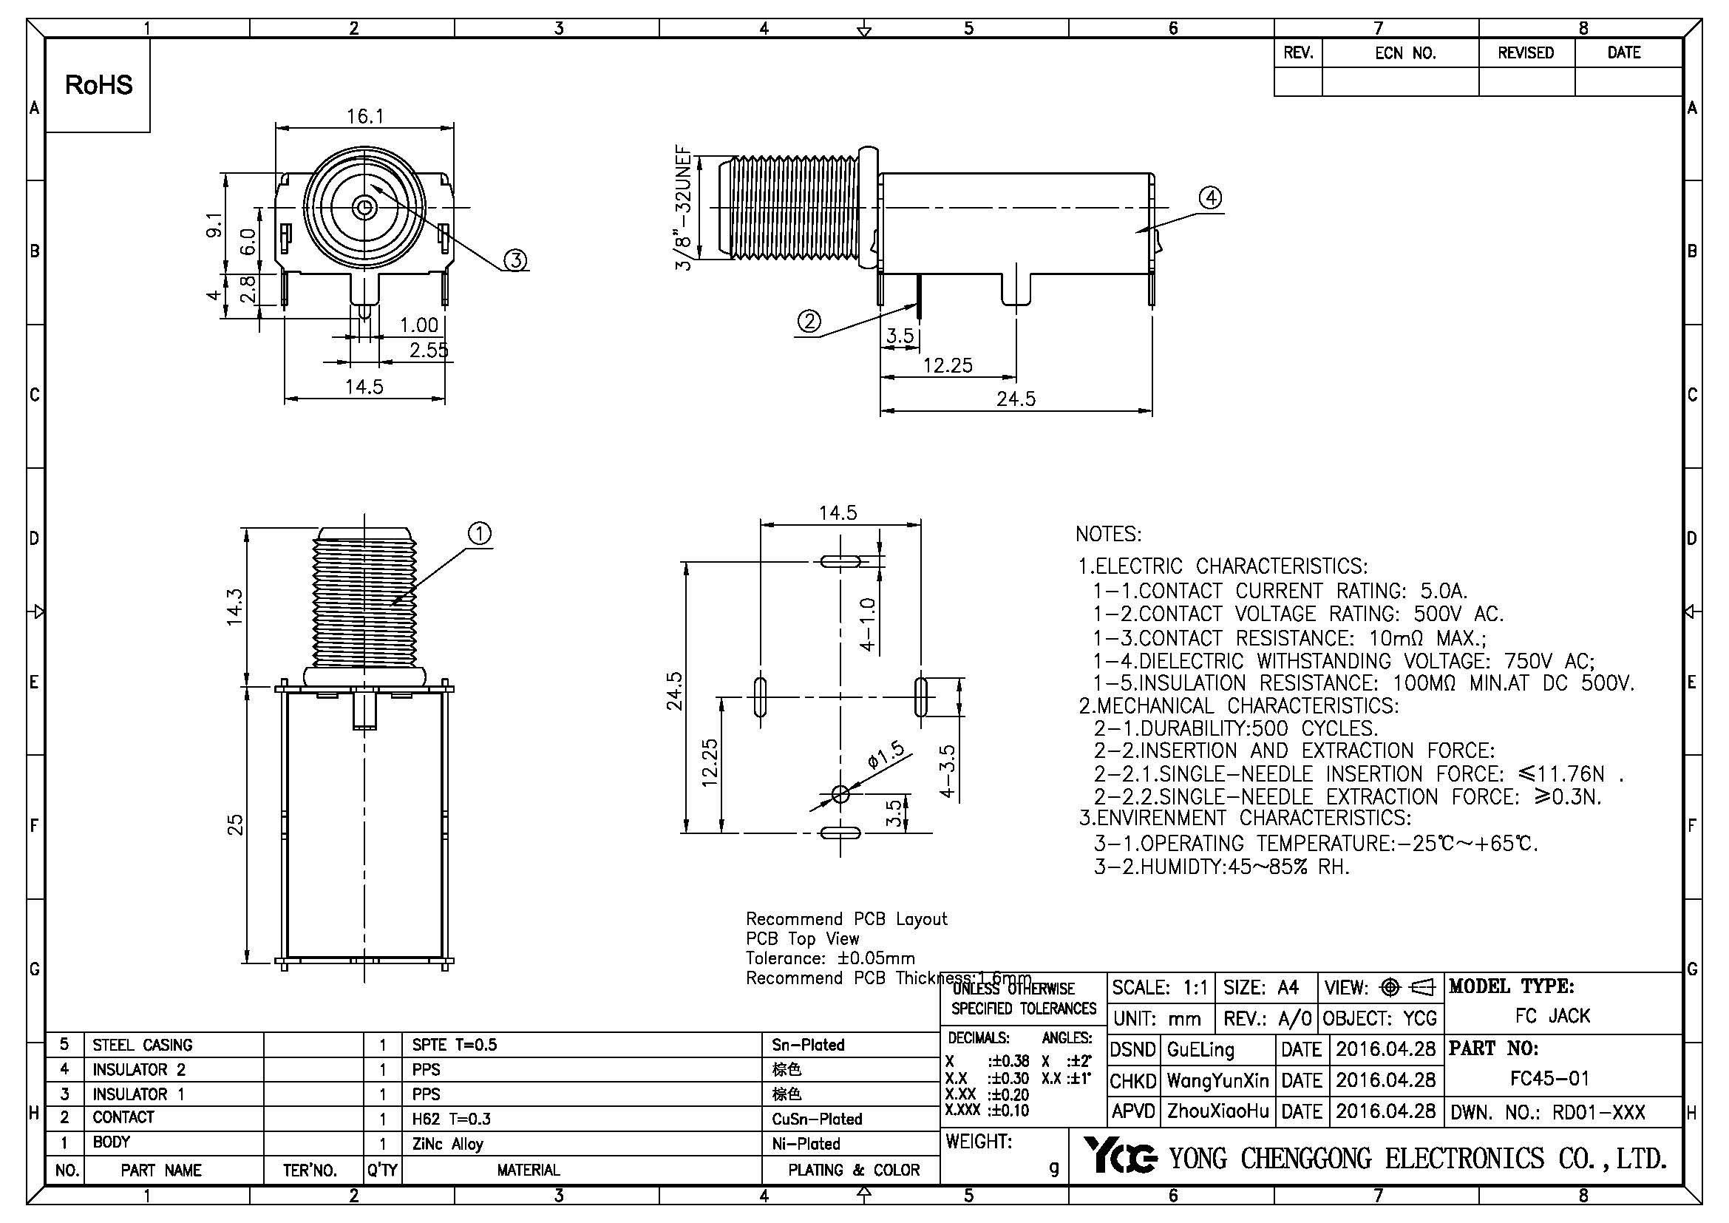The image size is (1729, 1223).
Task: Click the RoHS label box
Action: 98,85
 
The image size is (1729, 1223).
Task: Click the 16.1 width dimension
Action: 365,116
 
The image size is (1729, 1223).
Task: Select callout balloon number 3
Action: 516,260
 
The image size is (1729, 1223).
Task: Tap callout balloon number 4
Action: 1210,198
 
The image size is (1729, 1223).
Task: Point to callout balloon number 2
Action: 809,322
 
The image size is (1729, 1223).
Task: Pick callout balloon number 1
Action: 480,534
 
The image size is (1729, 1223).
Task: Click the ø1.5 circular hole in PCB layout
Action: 840,793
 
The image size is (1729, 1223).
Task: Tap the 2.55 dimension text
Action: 429,350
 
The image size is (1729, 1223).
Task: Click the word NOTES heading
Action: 1108,535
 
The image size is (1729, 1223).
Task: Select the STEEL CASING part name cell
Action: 143,1046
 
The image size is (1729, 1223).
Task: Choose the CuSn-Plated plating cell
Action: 816,1119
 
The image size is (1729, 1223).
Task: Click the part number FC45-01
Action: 1550,1078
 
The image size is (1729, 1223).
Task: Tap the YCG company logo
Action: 1121,1156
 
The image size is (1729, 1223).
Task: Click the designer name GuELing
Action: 1200,1050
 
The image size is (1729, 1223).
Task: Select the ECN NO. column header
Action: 1405,53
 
